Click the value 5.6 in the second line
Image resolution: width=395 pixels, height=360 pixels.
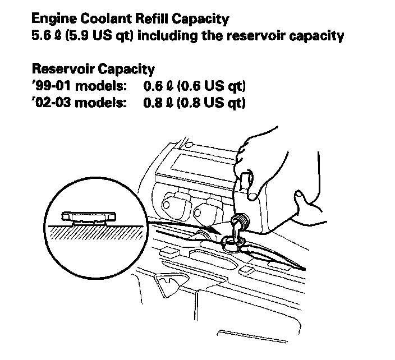coord(41,36)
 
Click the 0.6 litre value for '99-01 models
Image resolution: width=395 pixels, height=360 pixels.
coord(153,87)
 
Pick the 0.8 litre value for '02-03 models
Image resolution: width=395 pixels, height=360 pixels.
coord(153,104)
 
